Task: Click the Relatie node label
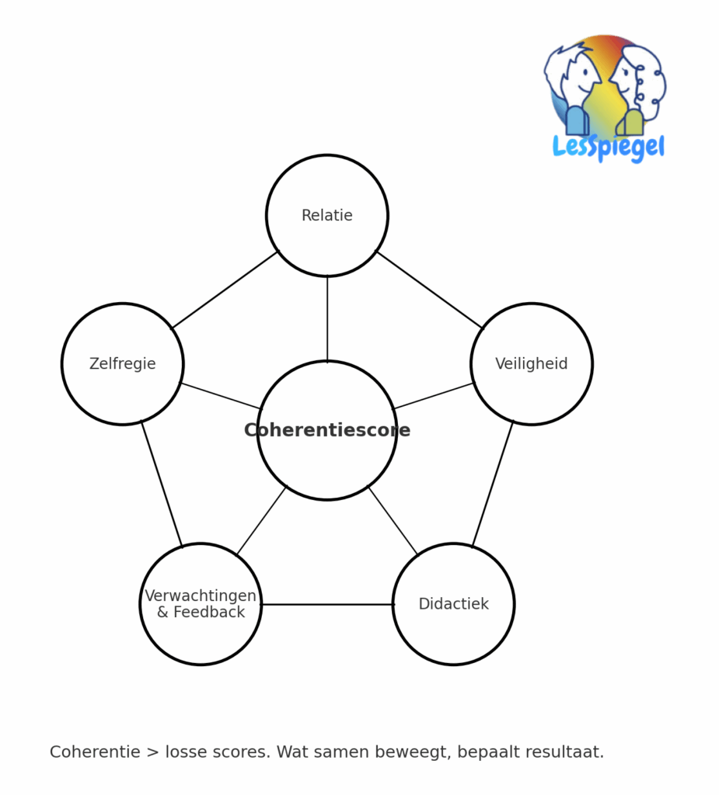(327, 216)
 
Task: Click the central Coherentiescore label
(327, 431)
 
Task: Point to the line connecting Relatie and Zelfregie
(225, 290)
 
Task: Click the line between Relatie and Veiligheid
(430, 290)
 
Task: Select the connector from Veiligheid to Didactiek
(493, 484)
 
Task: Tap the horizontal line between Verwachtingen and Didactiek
(327, 604)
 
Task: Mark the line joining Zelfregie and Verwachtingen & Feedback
(162, 484)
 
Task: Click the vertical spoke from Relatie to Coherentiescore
(327, 318)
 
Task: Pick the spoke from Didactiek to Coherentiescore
(393, 520)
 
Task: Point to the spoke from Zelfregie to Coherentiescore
(222, 396)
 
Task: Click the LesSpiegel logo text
(609, 147)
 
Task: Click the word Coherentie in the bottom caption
(96, 752)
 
